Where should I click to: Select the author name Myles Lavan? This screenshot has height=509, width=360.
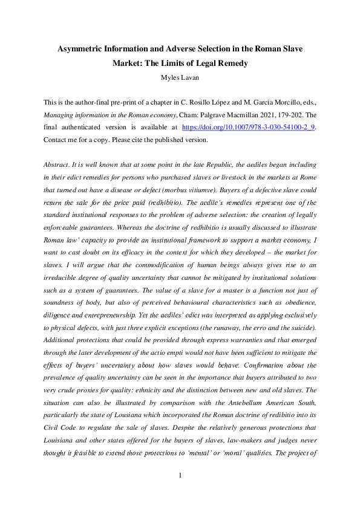click(x=180, y=76)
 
